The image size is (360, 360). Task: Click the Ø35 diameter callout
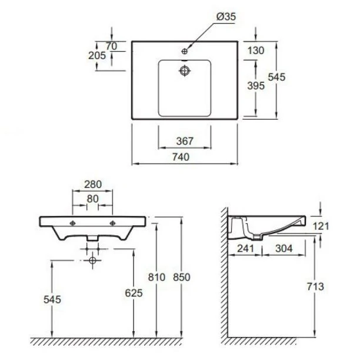pyautogui.click(x=226, y=16)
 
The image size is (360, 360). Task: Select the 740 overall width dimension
pyautogui.click(x=181, y=157)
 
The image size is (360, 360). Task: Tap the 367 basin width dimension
pyautogui.click(x=185, y=141)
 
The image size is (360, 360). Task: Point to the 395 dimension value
pyautogui.click(x=256, y=86)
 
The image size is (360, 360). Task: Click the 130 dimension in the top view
pyautogui.click(x=256, y=51)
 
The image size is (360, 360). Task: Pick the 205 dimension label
pyautogui.click(x=97, y=55)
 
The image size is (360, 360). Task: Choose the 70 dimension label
pyautogui.click(x=112, y=46)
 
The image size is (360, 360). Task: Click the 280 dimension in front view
pyautogui.click(x=93, y=184)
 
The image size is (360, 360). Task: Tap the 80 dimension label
pyautogui.click(x=93, y=199)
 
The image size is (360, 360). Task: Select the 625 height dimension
pyautogui.click(x=134, y=293)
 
